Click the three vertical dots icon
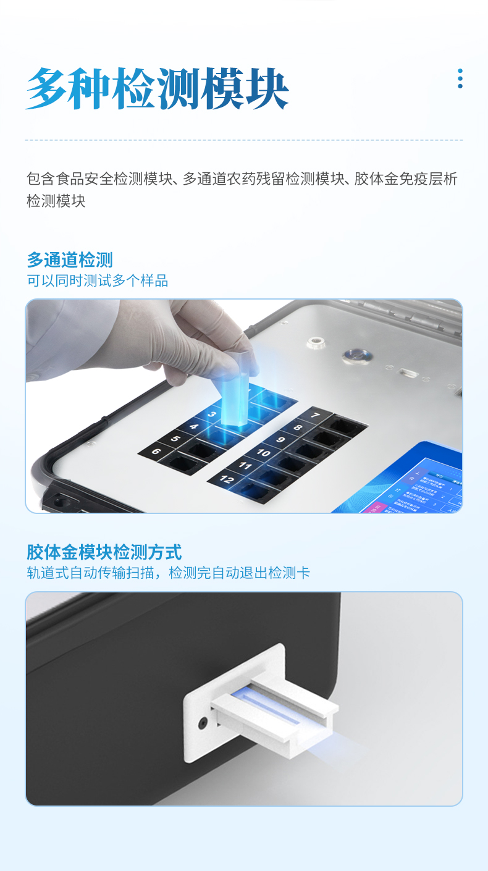pos(460,78)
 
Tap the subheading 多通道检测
pos(69,259)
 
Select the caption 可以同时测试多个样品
pos(97,281)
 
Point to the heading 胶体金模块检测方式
pos(104,552)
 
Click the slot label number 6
pos(156,452)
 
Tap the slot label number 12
pos(227,479)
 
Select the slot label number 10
pos(263,453)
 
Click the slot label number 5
pos(175,439)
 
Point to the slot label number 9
pos(280,440)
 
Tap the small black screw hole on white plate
pos(202,722)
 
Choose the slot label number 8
pos(298,427)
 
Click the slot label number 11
pos(245,466)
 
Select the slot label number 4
pos(193,427)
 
